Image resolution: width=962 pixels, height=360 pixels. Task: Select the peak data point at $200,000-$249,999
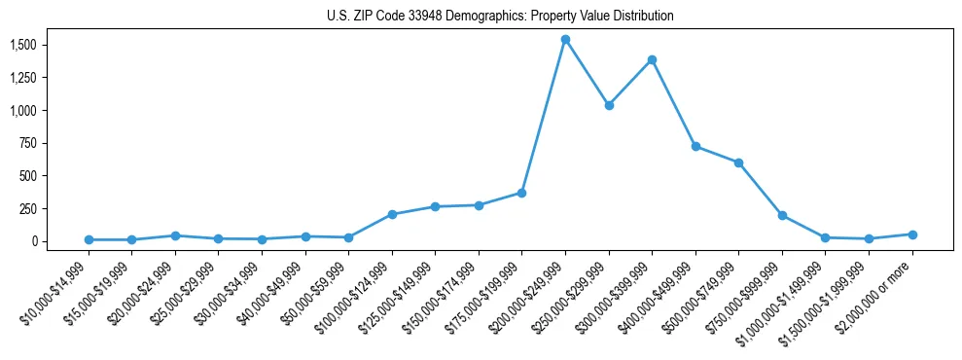(x=565, y=39)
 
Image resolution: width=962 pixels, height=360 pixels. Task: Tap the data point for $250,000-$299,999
(x=609, y=105)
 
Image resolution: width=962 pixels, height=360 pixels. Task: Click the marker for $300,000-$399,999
(x=652, y=59)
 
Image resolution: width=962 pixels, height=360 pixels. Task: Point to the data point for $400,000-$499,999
(x=695, y=146)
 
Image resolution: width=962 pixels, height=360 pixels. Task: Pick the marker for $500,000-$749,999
(x=738, y=162)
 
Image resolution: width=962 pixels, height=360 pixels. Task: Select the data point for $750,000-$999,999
(x=782, y=215)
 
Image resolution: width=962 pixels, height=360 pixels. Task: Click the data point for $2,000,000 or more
(x=912, y=234)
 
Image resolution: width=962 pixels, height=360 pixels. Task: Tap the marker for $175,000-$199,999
(x=522, y=193)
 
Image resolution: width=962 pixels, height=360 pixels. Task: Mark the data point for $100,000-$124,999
(x=392, y=214)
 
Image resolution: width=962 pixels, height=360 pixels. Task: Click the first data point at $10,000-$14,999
(x=89, y=239)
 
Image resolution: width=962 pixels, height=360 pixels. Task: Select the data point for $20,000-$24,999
(x=175, y=235)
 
